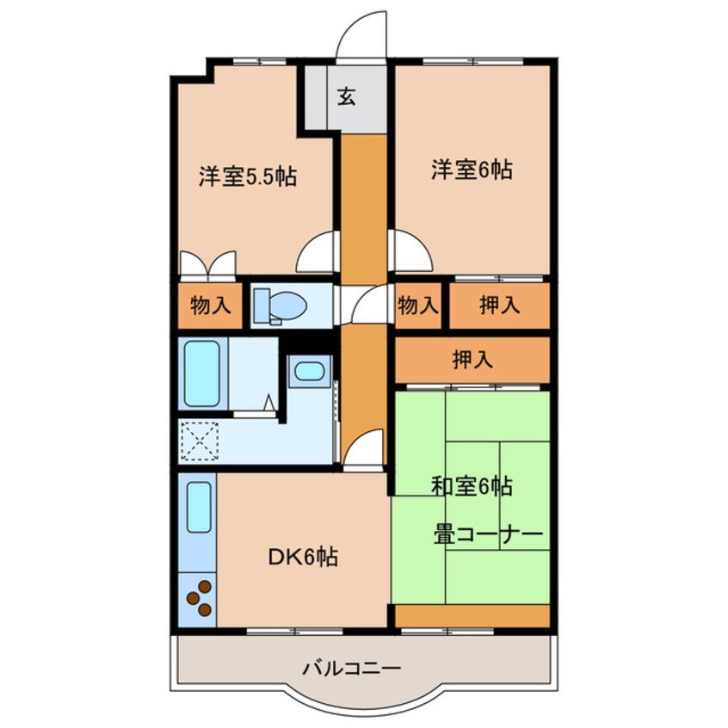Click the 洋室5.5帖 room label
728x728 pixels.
point(248,178)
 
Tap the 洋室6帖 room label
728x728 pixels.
point(472,170)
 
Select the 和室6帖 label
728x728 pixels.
point(472,487)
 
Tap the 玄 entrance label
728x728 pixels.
point(346,97)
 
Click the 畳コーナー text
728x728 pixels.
point(488,535)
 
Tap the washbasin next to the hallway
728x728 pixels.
point(307,372)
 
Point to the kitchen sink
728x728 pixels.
point(199,508)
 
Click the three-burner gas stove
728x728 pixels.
point(199,598)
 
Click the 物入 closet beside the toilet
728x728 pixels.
point(210,306)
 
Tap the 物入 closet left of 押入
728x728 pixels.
point(419,306)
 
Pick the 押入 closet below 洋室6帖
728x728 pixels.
point(499,306)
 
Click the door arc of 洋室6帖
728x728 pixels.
point(411,252)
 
